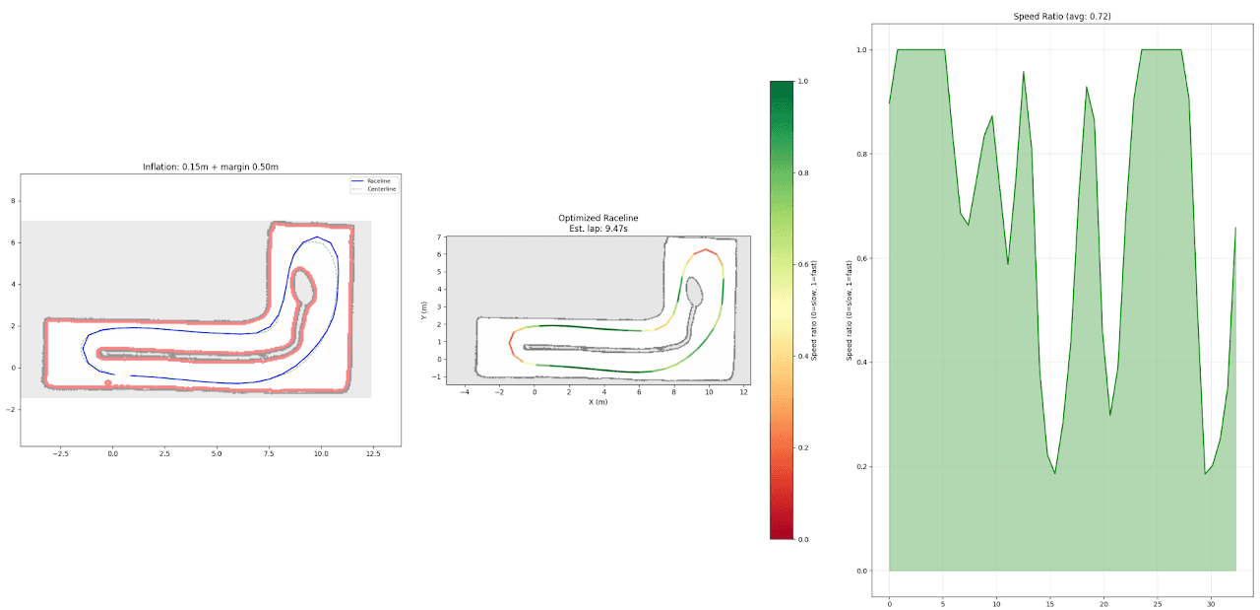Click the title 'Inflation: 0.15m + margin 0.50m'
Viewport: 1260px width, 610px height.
pyautogui.click(x=210, y=167)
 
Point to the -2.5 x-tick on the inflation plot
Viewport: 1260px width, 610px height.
pyautogui.click(x=60, y=454)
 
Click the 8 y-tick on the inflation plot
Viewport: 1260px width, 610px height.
pyautogui.click(x=13, y=200)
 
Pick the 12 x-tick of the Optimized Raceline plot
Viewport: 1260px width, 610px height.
pyautogui.click(x=744, y=392)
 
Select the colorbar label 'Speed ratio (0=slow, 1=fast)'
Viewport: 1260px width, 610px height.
pyautogui.click(x=815, y=309)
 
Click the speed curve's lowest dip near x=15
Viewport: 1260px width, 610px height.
pyautogui.click(x=1055, y=474)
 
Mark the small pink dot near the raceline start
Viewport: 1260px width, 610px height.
pyautogui.click(x=108, y=382)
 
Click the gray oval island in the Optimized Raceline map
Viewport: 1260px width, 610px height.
pyautogui.click(x=694, y=291)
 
